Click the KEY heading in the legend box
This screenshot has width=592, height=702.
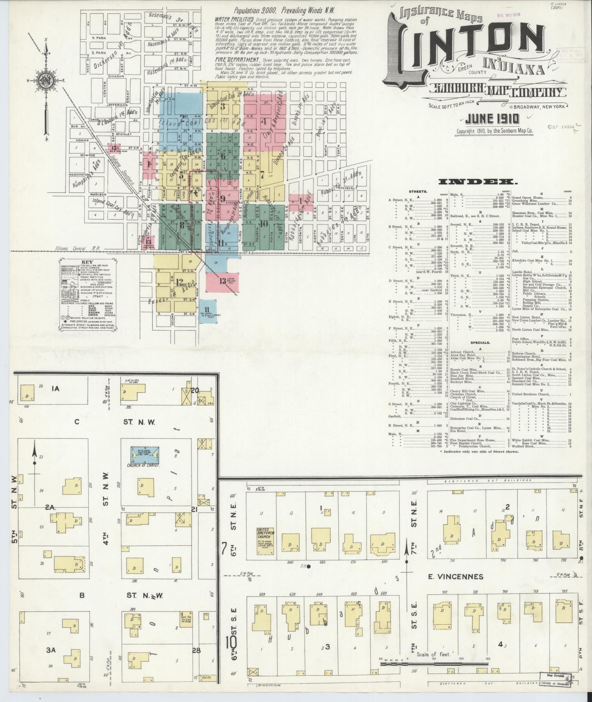87,262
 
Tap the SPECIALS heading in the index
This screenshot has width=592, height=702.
480,342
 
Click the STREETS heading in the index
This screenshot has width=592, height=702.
417,192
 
